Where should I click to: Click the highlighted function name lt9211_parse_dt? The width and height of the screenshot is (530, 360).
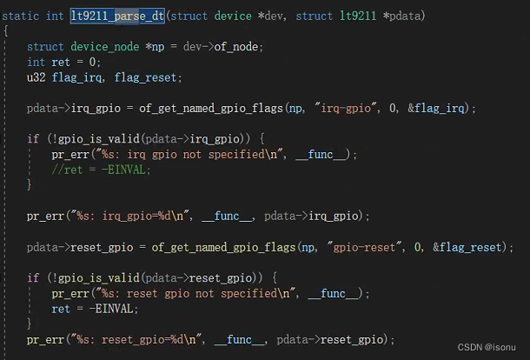click(117, 17)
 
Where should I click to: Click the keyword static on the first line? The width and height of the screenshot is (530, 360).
click(20, 17)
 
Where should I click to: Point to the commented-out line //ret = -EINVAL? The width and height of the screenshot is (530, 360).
click(89, 170)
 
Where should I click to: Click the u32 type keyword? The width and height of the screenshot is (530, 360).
click(36, 77)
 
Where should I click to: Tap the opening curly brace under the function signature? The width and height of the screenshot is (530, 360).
click(6, 31)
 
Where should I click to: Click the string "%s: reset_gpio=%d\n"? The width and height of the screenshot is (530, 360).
click(129, 340)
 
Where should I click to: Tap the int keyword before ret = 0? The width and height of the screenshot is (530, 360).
click(36, 63)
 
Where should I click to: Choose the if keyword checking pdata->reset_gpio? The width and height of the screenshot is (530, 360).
click(32, 278)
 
